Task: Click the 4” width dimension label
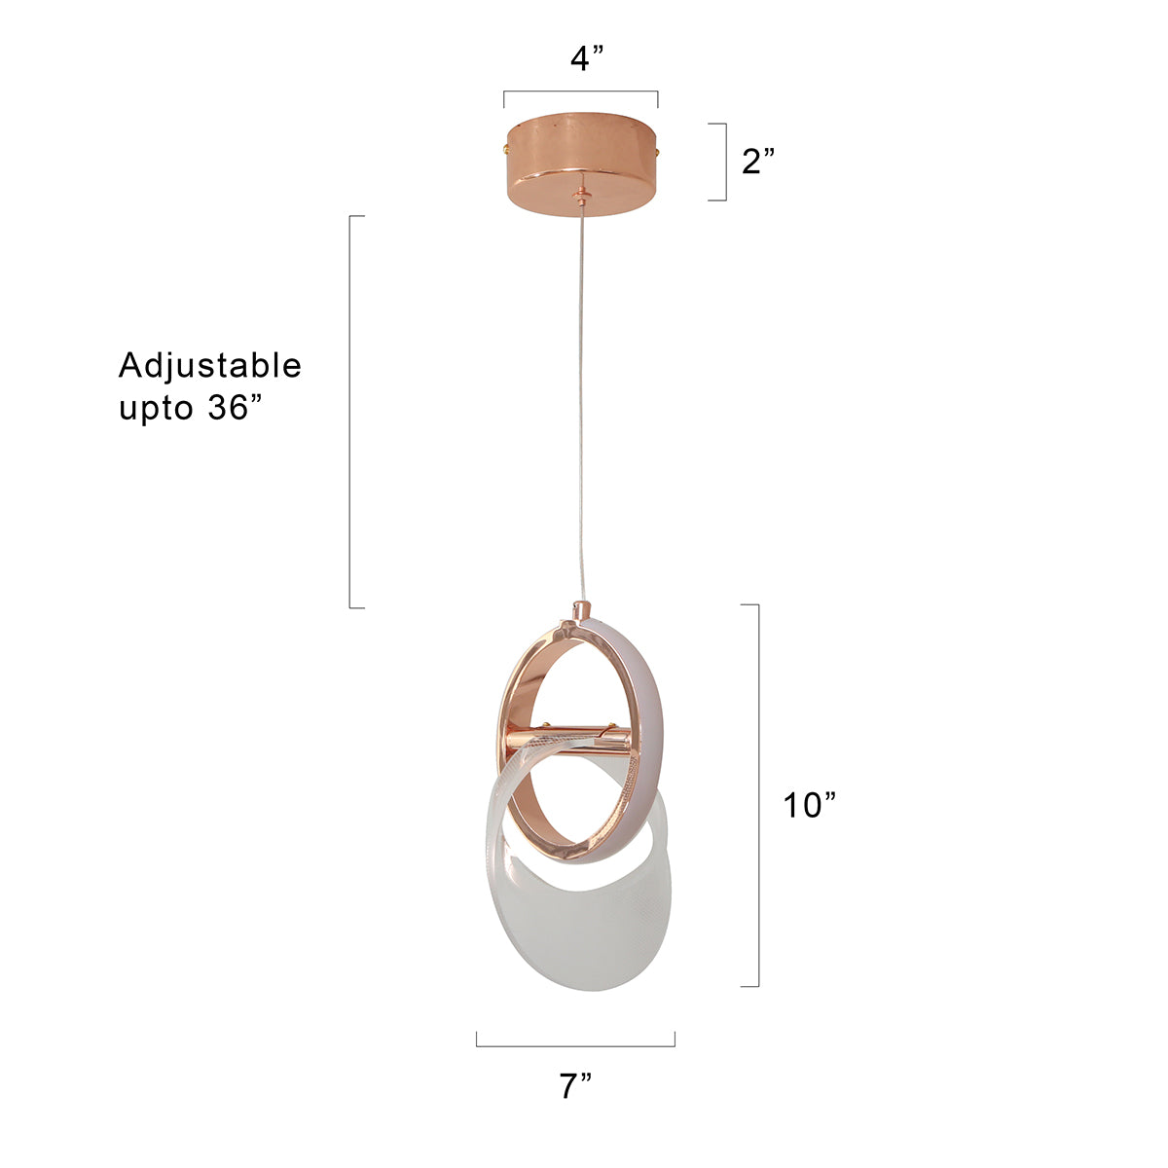[x=586, y=58]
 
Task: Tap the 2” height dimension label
[x=757, y=161]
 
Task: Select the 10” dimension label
[x=809, y=804]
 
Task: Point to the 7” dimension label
[x=574, y=1085]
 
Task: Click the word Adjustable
[x=209, y=366]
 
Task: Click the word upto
[x=156, y=409]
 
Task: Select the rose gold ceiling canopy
[x=581, y=164]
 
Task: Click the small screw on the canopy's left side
[x=506, y=147]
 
